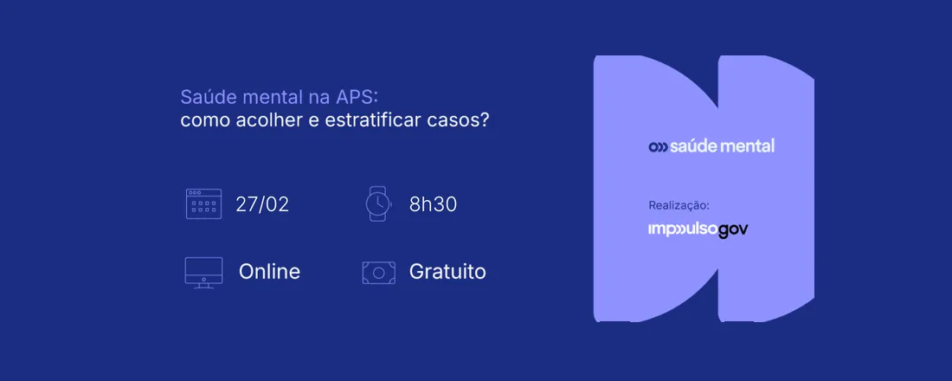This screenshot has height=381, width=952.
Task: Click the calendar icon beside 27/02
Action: (203, 204)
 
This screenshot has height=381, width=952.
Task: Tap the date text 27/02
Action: (262, 204)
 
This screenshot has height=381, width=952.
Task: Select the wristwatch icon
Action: (378, 203)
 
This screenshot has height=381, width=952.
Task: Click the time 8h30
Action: (433, 204)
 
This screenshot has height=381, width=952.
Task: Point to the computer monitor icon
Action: (203, 271)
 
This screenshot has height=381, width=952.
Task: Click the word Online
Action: (269, 272)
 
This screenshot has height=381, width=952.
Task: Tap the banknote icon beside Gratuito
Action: (378, 272)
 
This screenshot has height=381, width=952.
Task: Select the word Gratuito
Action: (447, 272)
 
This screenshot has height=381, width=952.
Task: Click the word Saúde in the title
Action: (205, 96)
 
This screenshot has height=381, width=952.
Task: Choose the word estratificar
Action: (373, 119)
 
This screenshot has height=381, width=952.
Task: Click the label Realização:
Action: (679, 205)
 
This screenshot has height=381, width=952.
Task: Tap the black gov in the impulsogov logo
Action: (732, 229)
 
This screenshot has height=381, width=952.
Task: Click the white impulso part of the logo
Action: (683, 229)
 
